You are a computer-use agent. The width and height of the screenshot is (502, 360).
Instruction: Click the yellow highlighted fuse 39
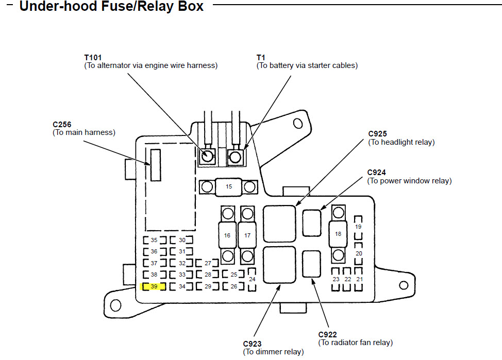154,286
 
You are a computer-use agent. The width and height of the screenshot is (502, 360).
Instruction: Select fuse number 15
229,186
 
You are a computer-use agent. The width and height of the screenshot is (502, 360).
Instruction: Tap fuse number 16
227,235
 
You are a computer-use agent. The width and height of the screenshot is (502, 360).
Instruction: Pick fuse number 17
247,235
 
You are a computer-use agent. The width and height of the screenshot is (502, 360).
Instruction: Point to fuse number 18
338,234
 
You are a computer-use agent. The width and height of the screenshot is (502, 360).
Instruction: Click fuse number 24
252,279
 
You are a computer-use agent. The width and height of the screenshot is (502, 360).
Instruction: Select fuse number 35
154,240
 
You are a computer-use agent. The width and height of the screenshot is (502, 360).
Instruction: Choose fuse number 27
208,263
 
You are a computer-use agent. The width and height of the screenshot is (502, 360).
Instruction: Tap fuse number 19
358,227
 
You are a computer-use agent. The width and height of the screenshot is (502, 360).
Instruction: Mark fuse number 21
360,279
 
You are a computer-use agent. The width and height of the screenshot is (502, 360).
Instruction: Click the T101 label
93,58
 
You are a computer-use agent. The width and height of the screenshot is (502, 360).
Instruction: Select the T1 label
261,58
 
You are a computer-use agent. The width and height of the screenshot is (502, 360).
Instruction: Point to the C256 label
62,125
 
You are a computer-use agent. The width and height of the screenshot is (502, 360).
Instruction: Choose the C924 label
377,173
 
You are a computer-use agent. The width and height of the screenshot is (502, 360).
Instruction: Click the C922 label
328,335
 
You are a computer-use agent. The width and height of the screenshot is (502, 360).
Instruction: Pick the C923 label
253,344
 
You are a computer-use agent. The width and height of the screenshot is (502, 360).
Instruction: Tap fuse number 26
233,286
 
